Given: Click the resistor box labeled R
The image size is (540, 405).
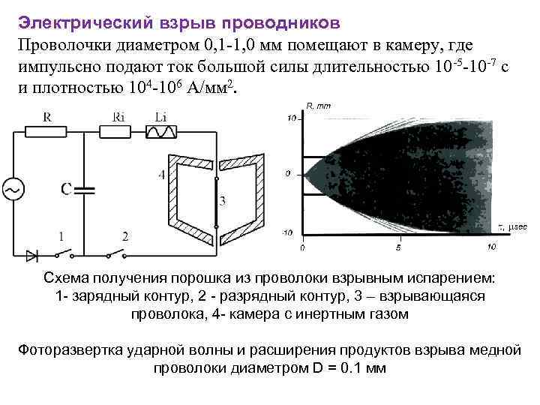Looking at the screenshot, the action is point(47,132).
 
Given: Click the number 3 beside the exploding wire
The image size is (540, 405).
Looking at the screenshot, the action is point(222,201).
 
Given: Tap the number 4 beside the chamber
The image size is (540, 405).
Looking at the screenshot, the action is point(162,175).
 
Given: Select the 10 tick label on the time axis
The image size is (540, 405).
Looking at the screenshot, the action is point(490,247).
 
